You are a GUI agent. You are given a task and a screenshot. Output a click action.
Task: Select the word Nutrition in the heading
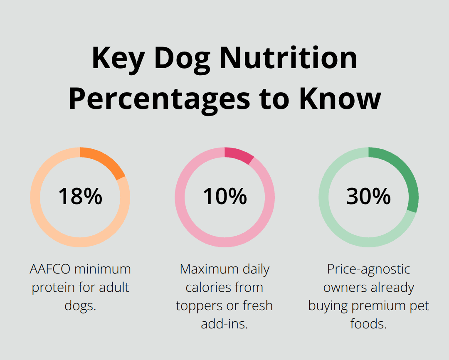289,58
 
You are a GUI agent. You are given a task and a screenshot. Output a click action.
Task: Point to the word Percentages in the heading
159,99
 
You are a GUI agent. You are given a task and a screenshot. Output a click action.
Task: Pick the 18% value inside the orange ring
80,197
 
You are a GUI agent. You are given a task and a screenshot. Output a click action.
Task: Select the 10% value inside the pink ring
224,197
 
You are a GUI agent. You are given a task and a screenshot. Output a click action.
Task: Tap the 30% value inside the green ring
368,197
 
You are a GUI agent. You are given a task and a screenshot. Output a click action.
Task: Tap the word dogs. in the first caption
80,306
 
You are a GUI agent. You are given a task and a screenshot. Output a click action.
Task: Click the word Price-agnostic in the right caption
369,269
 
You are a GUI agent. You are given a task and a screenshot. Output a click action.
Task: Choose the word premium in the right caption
379,306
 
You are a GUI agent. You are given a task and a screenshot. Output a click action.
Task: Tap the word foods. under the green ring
369,324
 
